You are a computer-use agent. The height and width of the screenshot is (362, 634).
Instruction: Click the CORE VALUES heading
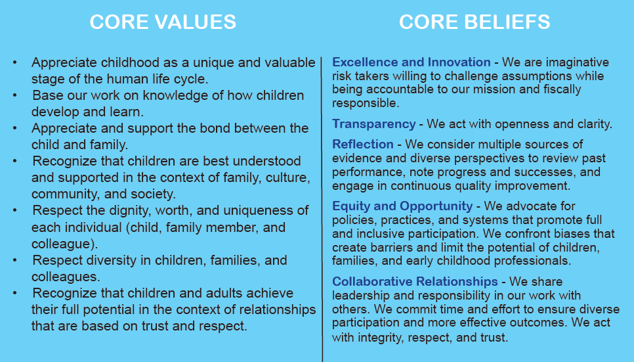pos(163,22)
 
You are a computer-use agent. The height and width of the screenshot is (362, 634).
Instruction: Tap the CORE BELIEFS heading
pos(475,22)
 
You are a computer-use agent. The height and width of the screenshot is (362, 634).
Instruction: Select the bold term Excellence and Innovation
pos(412,62)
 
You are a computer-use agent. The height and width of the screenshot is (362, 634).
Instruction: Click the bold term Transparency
pos(373,124)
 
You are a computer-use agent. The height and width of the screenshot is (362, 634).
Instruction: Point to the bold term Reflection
pos(363,144)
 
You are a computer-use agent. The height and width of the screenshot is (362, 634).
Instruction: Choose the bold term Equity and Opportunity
pos(402,206)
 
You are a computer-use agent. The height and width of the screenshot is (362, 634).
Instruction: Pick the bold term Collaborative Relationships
pos(415,281)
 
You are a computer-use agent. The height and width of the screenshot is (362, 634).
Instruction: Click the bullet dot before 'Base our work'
pos(15,95)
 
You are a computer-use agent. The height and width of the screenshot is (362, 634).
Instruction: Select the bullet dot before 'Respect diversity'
pos(15,260)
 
